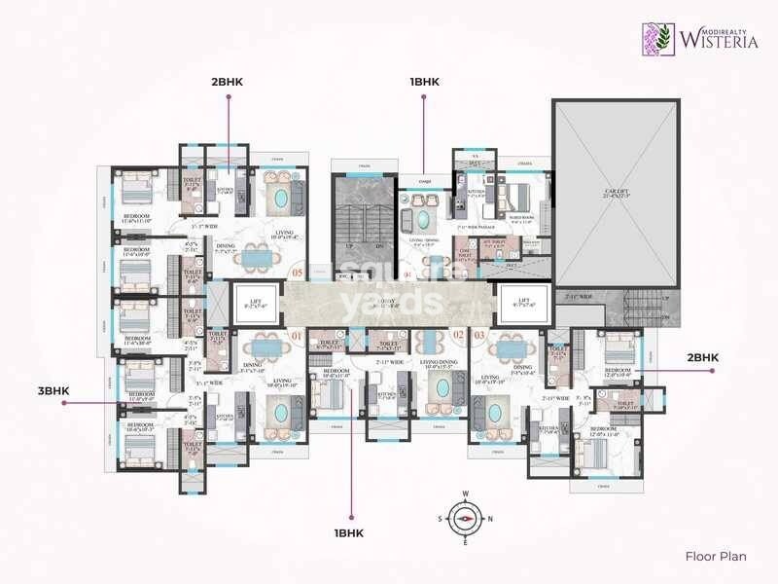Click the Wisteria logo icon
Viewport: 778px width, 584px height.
click(x=658, y=39)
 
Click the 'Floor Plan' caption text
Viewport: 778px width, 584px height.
click(x=715, y=557)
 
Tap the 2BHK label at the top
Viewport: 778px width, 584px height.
click(x=229, y=82)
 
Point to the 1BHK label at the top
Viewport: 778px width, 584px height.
click(x=424, y=82)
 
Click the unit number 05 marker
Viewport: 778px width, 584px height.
click(x=298, y=274)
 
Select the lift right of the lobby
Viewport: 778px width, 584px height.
click(x=524, y=305)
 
